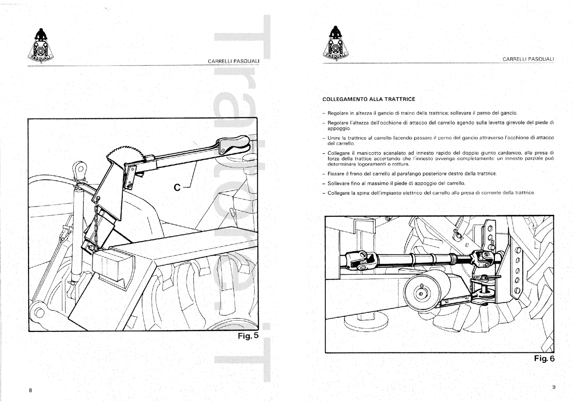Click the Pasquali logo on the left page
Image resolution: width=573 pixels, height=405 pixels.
(x=40, y=46)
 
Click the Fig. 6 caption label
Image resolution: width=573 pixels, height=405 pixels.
(x=544, y=358)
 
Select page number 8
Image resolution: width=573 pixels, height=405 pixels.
(x=30, y=390)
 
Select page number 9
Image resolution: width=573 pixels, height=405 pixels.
(x=553, y=387)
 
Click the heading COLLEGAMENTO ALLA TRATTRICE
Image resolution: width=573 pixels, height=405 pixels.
(x=369, y=99)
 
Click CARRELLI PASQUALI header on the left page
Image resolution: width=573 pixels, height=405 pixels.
(x=233, y=61)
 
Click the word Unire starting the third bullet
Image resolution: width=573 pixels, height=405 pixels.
(x=334, y=138)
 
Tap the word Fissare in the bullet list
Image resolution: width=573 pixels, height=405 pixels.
(x=336, y=174)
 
